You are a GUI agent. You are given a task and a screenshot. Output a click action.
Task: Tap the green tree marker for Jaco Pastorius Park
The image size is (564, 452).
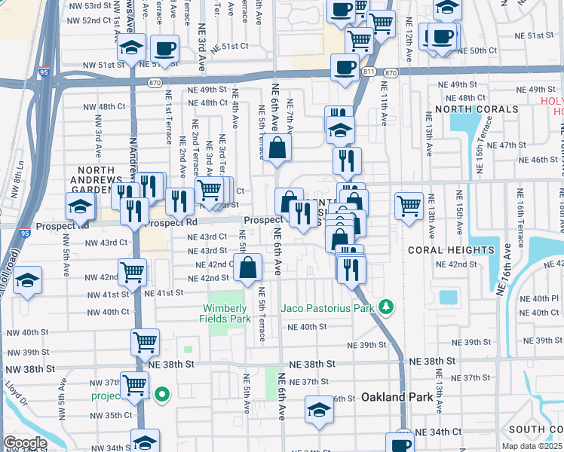coord(386,307)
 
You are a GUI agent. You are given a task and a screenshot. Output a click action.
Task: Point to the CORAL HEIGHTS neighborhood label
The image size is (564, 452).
coord(451,249)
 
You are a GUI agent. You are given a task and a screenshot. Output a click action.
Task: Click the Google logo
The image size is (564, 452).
coord(24,443)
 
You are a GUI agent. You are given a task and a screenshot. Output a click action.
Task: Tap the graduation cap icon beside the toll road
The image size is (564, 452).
coord(28,281)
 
